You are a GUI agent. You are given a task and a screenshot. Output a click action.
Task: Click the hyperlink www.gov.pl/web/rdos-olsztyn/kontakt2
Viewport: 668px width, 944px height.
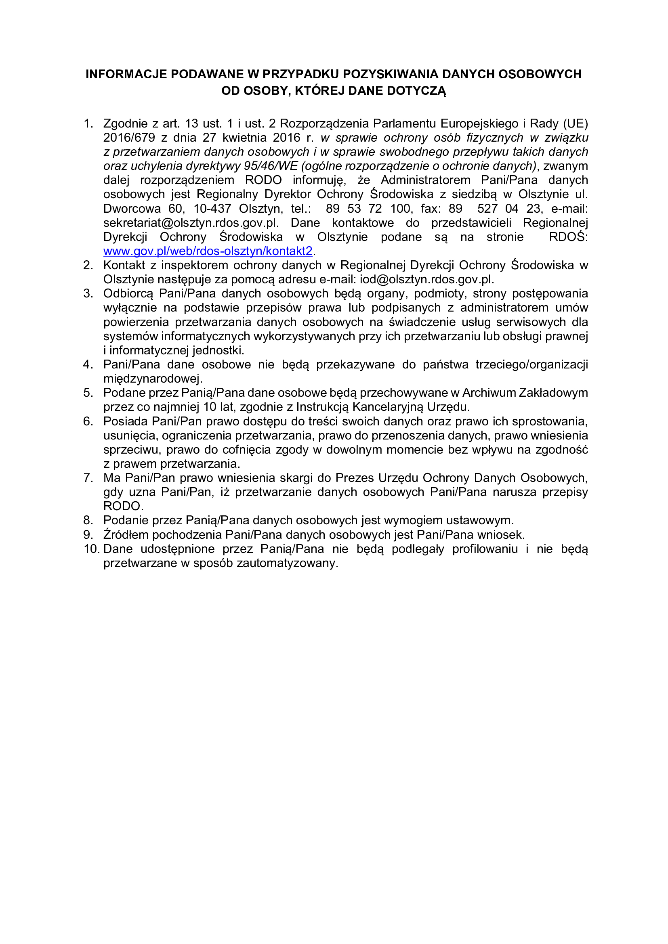[208, 251]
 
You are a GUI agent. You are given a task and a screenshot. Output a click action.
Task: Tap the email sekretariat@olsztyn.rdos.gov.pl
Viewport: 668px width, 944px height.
[191, 223]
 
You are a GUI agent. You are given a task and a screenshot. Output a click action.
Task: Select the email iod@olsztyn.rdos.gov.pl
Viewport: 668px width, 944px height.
[426, 280]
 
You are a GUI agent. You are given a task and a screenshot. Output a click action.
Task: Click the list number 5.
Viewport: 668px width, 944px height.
[88, 393]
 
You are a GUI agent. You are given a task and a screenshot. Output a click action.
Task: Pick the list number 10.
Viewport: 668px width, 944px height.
[92, 549]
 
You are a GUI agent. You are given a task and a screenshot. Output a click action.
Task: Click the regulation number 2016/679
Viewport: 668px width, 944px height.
[129, 138]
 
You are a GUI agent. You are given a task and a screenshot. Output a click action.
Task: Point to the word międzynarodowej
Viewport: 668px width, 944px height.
[153, 378]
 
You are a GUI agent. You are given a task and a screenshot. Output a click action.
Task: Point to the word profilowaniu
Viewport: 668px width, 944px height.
[485, 549]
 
